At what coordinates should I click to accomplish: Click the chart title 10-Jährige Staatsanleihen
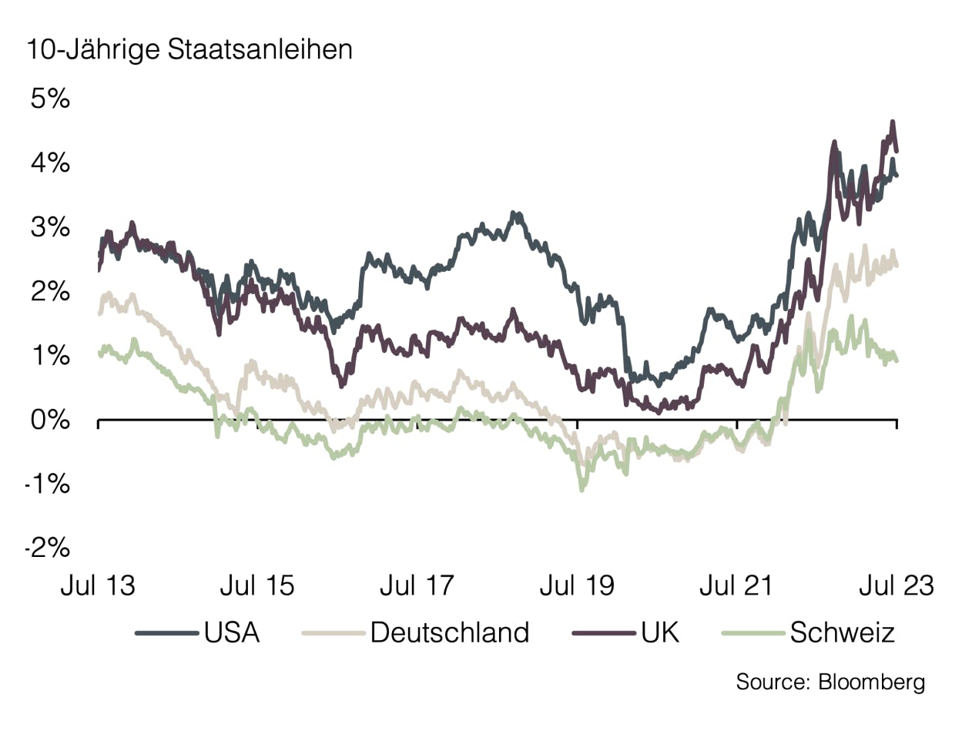pyautogui.click(x=189, y=50)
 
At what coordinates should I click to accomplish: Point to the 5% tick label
pyautogui.click(x=50, y=99)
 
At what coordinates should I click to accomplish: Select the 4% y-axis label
pyautogui.click(x=50, y=164)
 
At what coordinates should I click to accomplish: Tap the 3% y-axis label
pyautogui.click(x=50, y=228)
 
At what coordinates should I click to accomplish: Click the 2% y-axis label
pyautogui.click(x=50, y=293)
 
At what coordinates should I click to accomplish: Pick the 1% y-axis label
pyautogui.click(x=50, y=357)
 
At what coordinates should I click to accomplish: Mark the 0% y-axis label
pyautogui.click(x=50, y=421)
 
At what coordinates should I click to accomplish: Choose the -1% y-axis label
pyautogui.click(x=48, y=485)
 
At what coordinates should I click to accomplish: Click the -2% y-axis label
pyautogui.click(x=48, y=549)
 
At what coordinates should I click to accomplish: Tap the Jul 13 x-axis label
pyautogui.click(x=98, y=586)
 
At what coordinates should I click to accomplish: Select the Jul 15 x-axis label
pyautogui.click(x=257, y=586)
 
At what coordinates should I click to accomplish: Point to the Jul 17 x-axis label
pyautogui.click(x=417, y=586)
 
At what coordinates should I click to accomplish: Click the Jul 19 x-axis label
pyautogui.click(x=577, y=586)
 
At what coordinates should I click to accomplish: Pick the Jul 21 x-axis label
pyautogui.click(x=736, y=586)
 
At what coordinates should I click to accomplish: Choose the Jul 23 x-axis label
pyautogui.click(x=896, y=586)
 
